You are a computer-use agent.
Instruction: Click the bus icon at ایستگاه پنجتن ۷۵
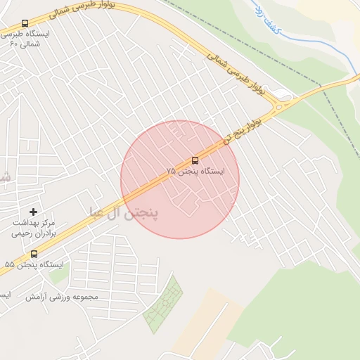(x=195, y=160)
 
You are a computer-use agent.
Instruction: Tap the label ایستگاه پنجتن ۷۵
(x=195, y=172)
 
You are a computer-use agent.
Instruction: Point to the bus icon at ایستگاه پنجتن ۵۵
(x=34, y=254)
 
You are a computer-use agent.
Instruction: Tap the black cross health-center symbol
(x=33, y=212)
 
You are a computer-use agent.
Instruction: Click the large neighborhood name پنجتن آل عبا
(x=124, y=212)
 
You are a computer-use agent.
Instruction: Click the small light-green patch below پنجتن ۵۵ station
(x=60, y=277)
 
